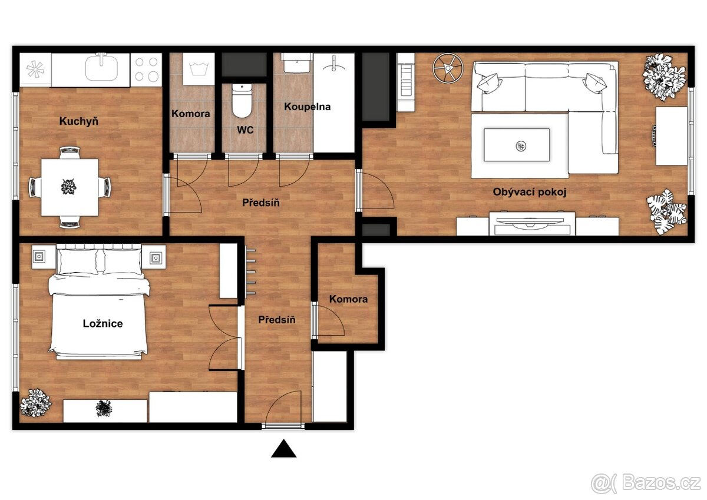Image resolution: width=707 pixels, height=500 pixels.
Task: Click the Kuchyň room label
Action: pos(78,121)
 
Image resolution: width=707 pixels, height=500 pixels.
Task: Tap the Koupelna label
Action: pos(307,107)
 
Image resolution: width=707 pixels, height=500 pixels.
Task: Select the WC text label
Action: pos(245,130)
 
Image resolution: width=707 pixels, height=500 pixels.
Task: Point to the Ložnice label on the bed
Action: pos(103,324)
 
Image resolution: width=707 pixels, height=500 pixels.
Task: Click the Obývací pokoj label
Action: pos(529,192)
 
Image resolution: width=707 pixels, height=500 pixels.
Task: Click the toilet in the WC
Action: pos(242,101)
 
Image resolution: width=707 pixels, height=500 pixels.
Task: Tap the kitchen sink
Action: pos(101,67)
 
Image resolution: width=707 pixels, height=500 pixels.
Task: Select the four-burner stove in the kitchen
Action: pos(146,69)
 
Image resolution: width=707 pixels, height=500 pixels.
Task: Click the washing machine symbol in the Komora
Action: pos(199,69)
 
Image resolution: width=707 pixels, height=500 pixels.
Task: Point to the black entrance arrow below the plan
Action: pos(283,449)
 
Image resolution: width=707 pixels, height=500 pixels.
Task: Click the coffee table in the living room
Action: pos(517,145)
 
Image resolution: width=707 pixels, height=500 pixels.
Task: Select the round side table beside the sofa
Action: pos(448,68)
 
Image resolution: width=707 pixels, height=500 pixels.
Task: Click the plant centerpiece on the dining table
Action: pos(68,187)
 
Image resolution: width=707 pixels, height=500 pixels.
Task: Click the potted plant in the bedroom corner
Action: pos(35,403)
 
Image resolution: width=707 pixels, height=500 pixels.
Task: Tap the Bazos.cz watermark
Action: pos(646,484)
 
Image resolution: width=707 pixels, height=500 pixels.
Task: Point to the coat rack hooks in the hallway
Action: pos(250,272)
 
